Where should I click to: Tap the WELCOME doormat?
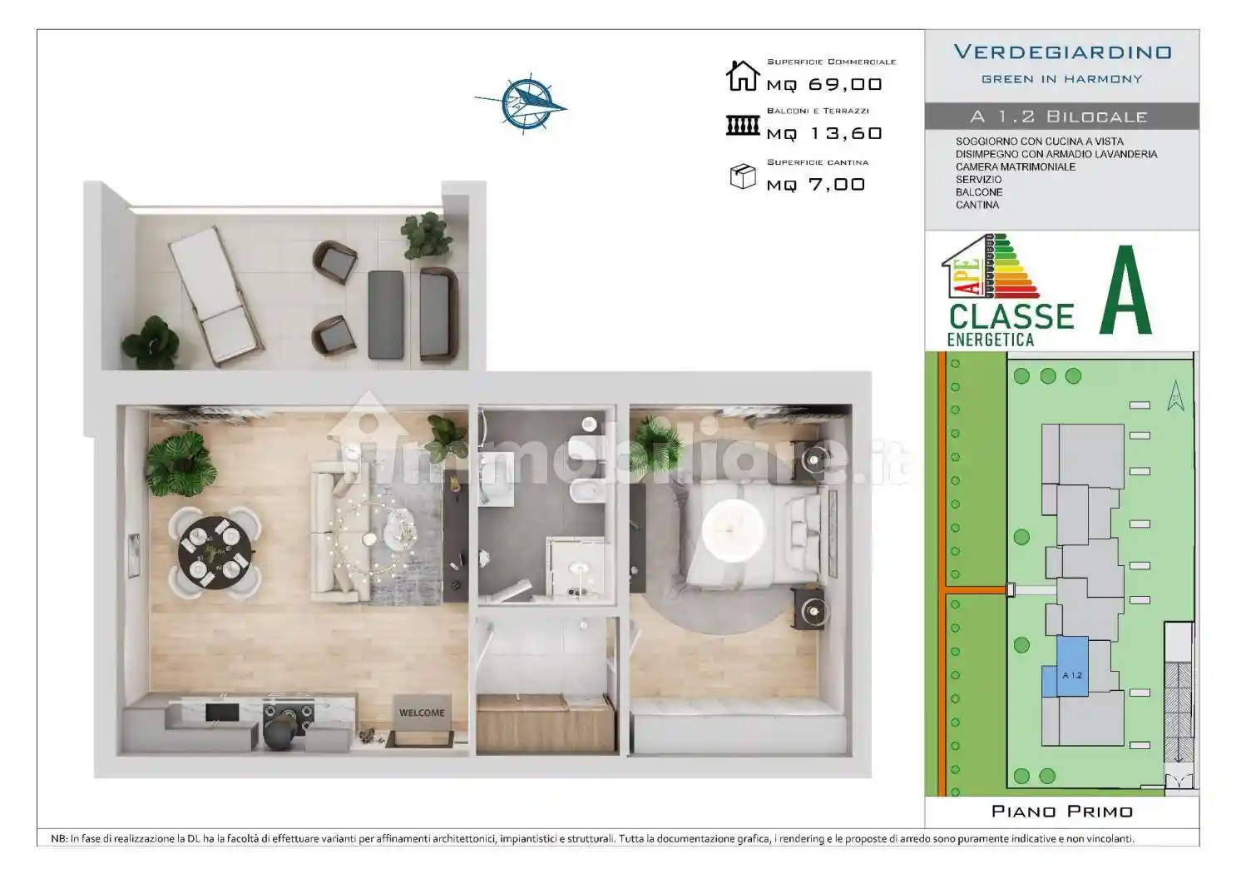click(422, 713)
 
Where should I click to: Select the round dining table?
click(215, 553)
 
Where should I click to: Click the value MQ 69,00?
click(823, 84)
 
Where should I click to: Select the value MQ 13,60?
click(823, 133)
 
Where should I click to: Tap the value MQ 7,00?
click(815, 184)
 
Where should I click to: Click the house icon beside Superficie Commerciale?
click(742, 76)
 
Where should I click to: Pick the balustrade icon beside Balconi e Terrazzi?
click(742, 126)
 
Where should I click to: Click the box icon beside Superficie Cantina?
click(742, 176)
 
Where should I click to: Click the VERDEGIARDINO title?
click(1062, 52)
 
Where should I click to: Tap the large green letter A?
click(1125, 291)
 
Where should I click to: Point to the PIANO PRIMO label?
click(1061, 811)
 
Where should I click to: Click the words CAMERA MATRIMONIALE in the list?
click(1015, 166)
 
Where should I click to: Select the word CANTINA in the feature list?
click(976, 205)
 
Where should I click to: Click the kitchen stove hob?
click(289, 713)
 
